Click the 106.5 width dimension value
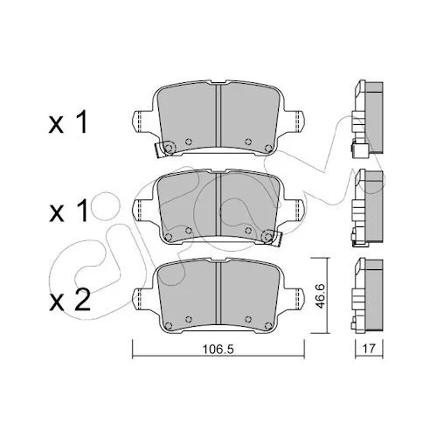point(218,349)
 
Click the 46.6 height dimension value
point(321,295)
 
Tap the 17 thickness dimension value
point(369,349)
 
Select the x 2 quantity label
point(70,301)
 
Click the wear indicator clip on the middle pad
point(272,238)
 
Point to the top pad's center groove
point(218,115)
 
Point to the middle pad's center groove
point(218,204)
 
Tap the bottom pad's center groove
point(218,293)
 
